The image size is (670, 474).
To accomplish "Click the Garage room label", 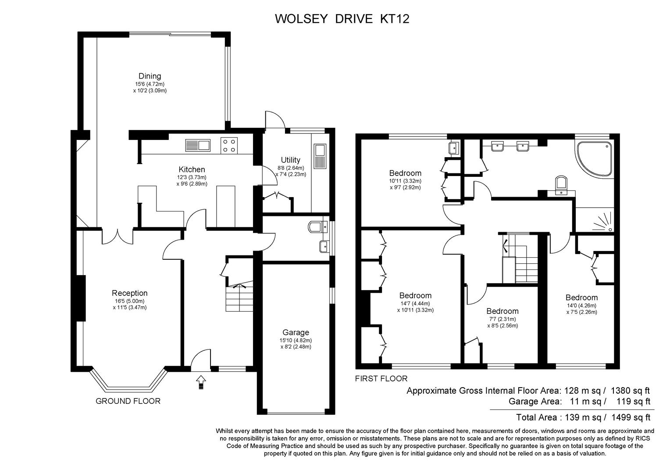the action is (x=296, y=332).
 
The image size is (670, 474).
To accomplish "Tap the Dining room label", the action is (x=150, y=76).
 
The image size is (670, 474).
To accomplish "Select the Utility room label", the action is (x=290, y=160).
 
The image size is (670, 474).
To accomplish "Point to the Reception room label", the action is (x=129, y=293).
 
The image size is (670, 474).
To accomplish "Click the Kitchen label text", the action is (x=192, y=169).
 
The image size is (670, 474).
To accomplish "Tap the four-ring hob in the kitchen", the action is (x=229, y=146).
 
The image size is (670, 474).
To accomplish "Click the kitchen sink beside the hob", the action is (x=198, y=145).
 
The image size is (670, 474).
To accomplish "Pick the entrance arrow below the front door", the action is (x=201, y=382).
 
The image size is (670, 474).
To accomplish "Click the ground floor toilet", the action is (x=317, y=227).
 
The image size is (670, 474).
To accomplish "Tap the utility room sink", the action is (x=320, y=156).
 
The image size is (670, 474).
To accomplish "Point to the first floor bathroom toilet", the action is (x=561, y=185).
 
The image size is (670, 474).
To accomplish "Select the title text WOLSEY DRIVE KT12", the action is (x=342, y=19).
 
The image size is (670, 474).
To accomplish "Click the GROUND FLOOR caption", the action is (x=128, y=401).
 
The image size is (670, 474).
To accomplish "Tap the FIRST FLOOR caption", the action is (x=381, y=378).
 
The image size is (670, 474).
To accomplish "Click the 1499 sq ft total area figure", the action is (x=631, y=417).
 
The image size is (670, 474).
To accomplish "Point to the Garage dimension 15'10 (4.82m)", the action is (x=296, y=341).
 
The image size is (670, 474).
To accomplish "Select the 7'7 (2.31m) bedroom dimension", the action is (x=502, y=319).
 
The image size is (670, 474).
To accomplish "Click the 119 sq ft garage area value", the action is (x=634, y=401).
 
